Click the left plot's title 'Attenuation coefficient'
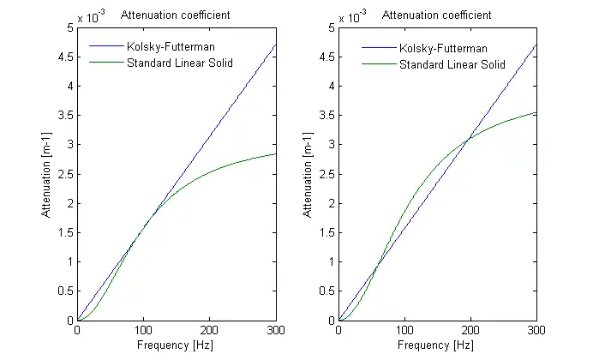pos(176,15)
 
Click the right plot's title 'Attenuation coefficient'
pos(436,15)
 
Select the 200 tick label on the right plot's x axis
pos(470,330)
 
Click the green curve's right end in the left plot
pos(276,154)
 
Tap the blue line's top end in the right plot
pos(536,45)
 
